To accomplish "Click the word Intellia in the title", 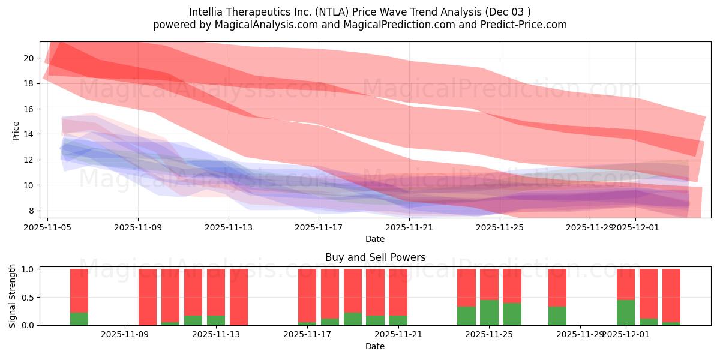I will [x=206, y=12].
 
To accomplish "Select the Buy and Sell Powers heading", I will [x=375, y=257].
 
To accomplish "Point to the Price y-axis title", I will [x=16, y=130].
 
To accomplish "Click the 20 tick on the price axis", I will [x=29, y=58].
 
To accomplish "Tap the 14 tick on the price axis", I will [x=29, y=134].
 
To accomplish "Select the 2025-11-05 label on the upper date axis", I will [x=48, y=227].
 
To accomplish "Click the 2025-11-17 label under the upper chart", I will [x=319, y=227].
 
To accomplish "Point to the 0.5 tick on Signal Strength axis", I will [x=28, y=297].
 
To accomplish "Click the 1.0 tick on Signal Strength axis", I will [x=28, y=269].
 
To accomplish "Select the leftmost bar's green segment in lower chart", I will [x=79, y=319].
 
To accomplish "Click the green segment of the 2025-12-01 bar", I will [x=626, y=313].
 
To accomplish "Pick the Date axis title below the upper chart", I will [x=375, y=239].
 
